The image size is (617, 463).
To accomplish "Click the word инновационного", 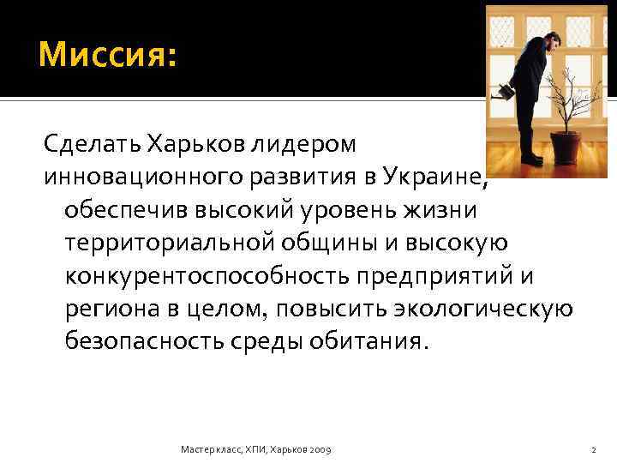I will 135,176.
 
